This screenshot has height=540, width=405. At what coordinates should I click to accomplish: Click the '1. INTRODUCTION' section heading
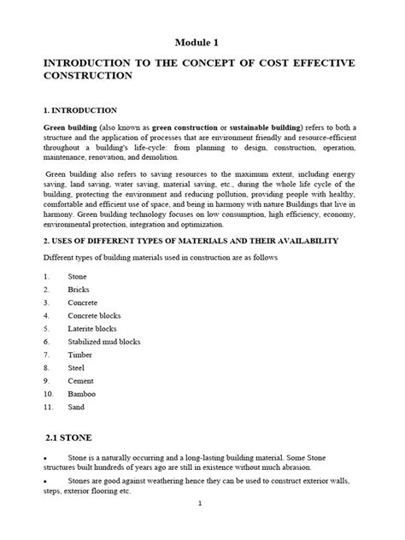pos(80,110)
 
